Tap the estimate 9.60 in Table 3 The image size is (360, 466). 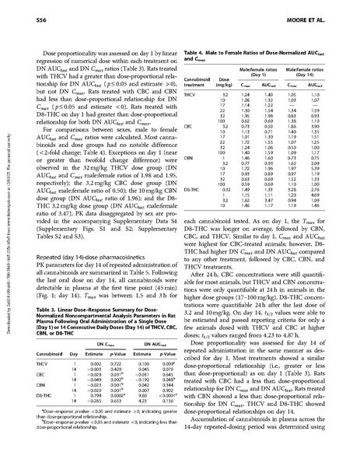click(142, 394)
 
